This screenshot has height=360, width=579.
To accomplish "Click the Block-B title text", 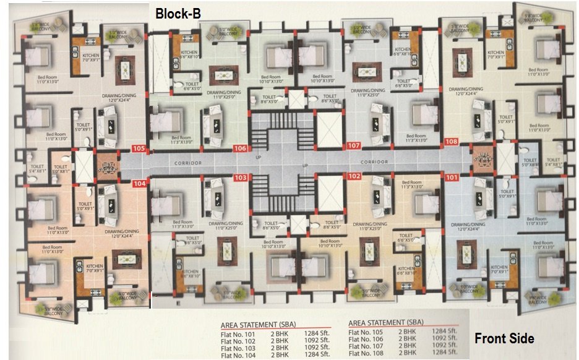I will point(178,13).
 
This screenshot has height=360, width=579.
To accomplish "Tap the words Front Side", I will point(504,338).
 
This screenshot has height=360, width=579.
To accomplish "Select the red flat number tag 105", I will point(139,148).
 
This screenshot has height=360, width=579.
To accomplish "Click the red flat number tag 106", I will point(240,148).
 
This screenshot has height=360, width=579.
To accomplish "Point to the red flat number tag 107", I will point(354,146).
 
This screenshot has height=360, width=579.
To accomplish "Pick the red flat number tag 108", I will point(452,142).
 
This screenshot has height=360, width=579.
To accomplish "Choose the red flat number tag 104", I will point(139,184).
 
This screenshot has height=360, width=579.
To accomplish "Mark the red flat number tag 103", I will point(240,178).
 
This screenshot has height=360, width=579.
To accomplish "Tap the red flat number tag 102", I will point(354,176).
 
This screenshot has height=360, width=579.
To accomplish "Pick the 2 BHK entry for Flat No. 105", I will point(407,332).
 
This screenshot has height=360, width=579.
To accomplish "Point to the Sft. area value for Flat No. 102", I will point(316,340).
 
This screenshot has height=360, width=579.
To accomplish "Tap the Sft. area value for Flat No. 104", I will point(316,355).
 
